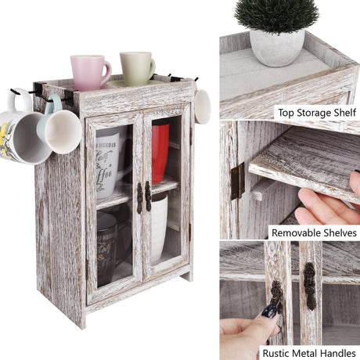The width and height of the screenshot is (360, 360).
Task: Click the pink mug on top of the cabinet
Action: pos(89,71)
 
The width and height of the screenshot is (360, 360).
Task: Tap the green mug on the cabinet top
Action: pos(136,67)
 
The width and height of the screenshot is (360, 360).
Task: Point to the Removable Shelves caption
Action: pos(313,232)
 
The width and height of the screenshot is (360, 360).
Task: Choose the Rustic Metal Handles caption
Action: pos(310,352)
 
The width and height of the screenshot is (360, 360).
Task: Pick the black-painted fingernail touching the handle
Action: pos(270,311)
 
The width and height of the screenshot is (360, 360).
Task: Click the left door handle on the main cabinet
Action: pos(139,197)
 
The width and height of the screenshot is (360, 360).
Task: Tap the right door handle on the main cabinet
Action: pos(147,197)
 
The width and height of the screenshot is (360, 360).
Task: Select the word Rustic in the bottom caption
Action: pos(279,352)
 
